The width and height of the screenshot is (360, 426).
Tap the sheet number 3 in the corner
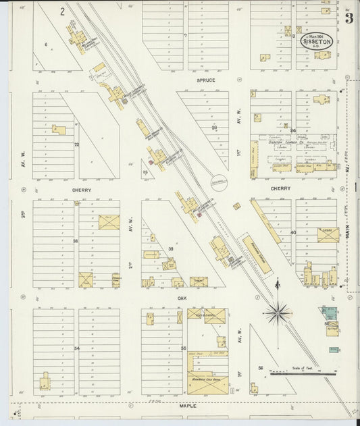(349, 18)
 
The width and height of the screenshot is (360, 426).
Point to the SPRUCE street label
(206, 80)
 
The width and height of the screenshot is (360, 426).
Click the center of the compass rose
(278, 312)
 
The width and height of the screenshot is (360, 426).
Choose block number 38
(76, 241)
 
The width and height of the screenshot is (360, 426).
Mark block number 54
(76, 348)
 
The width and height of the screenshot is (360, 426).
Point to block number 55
(183, 348)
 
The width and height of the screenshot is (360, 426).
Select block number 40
(293, 232)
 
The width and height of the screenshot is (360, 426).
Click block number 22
(76, 144)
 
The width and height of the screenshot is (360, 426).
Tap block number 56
(259, 368)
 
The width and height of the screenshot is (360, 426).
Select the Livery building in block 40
(328, 234)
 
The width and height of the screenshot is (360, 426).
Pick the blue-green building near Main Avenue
(330, 313)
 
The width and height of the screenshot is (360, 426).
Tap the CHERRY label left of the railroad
(81, 190)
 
